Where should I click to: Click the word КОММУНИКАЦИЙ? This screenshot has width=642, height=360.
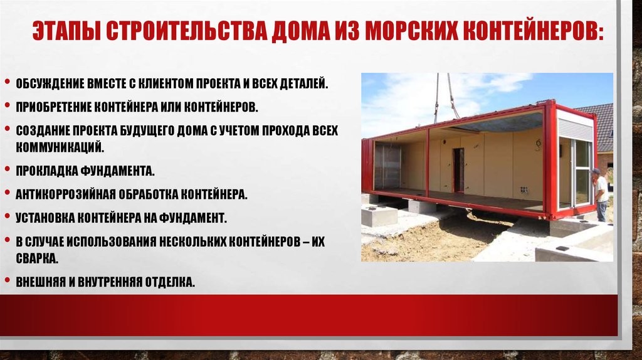[59, 146]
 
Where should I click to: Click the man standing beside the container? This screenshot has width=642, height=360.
[601, 194]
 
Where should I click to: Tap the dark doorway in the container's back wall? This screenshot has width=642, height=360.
[458, 169]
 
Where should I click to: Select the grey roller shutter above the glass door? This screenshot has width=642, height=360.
[575, 128]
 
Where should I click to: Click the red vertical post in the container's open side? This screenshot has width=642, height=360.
[428, 161]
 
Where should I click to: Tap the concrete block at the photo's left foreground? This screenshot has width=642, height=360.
[379, 216]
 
